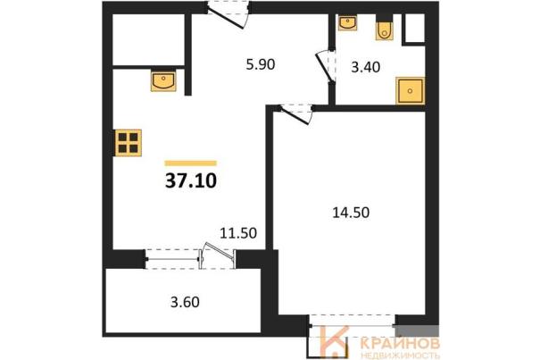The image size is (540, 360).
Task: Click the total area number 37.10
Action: [x=191, y=180]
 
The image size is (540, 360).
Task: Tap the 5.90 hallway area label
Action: [x=261, y=64]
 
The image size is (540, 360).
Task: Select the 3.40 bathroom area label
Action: [x=365, y=67]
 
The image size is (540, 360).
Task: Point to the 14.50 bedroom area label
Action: [x=351, y=213]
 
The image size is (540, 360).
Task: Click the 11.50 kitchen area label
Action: [x=238, y=233]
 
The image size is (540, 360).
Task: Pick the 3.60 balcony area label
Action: [x=185, y=302]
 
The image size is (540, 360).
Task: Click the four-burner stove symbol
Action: [x=129, y=143]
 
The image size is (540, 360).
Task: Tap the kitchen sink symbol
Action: [x=163, y=81]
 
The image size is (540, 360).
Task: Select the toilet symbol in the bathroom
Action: [x=384, y=30]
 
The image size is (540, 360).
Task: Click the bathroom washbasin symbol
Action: [x=347, y=22]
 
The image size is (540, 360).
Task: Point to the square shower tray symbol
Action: [x=410, y=91]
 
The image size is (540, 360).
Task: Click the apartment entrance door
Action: [x=228, y=14]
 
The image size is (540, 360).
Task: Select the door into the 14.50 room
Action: [x=295, y=113]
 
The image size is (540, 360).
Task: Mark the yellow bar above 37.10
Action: [x=191, y=163]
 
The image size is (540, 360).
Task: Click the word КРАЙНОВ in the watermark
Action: [x=400, y=343]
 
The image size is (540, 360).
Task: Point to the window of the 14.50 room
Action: [x=352, y=324]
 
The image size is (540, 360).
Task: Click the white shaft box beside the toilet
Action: [x=415, y=29]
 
